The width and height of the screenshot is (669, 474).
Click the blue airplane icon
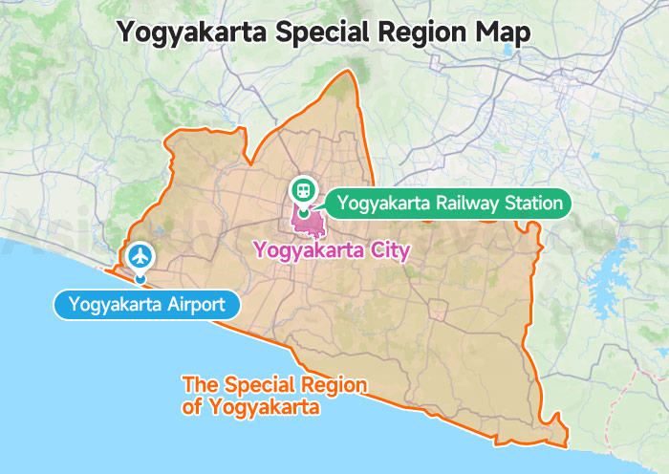(x=141, y=256)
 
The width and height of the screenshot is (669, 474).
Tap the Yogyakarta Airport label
(x=146, y=306)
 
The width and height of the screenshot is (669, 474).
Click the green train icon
(x=303, y=190)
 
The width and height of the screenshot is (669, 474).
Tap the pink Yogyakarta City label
(x=331, y=251)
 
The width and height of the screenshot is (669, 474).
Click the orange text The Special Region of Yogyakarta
(x=275, y=396)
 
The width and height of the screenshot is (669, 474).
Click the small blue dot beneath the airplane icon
(x=140, y=279)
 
